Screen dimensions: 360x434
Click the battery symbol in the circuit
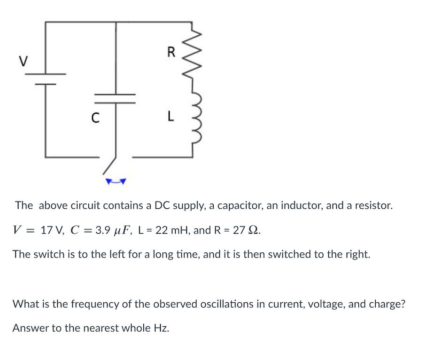click(x=46, y=79)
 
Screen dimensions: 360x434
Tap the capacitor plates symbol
click(x=116, y=98)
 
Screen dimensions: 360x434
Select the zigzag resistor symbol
click(x=197, y=53)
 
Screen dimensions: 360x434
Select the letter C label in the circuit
click(x=94, y=117)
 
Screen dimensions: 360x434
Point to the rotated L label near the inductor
click(x=171, y=117)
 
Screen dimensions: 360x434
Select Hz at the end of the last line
click(x=161, y=328)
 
